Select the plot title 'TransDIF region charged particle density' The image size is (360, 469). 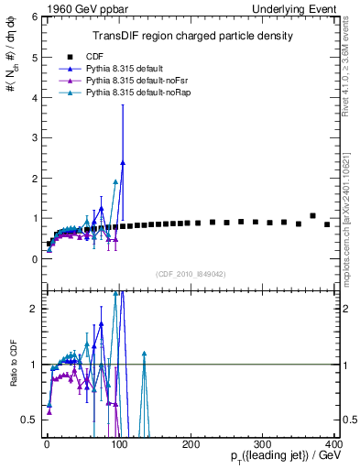[x=191, y=36]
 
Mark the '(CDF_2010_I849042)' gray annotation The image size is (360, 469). [x=190, y=273]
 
